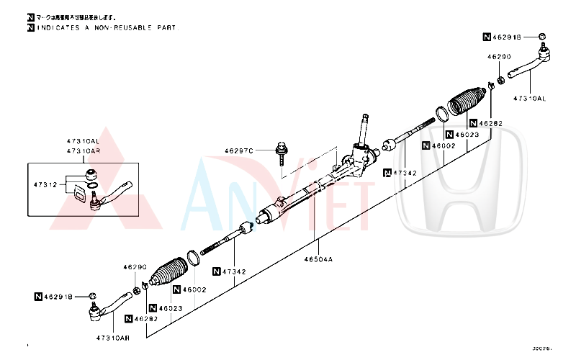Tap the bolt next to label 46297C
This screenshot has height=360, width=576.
click(x=281, y=153)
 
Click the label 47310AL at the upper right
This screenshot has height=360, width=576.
click(x=529, y=99)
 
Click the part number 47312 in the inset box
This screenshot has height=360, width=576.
click(x=45, y=185)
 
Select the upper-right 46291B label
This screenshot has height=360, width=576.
click(x=510, y=35)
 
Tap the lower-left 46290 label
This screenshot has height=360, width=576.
click(x=134, y=266)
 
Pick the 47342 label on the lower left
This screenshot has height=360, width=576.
click(x=234, y=271)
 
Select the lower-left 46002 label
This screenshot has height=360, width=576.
click(x=194, y=289)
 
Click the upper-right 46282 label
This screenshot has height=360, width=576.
click(x=490, y=124)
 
